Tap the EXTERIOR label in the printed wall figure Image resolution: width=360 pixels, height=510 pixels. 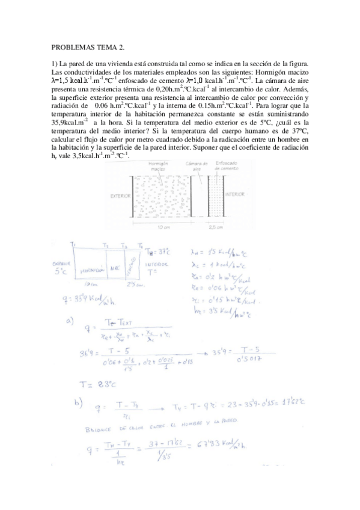(x=120, y=196)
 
